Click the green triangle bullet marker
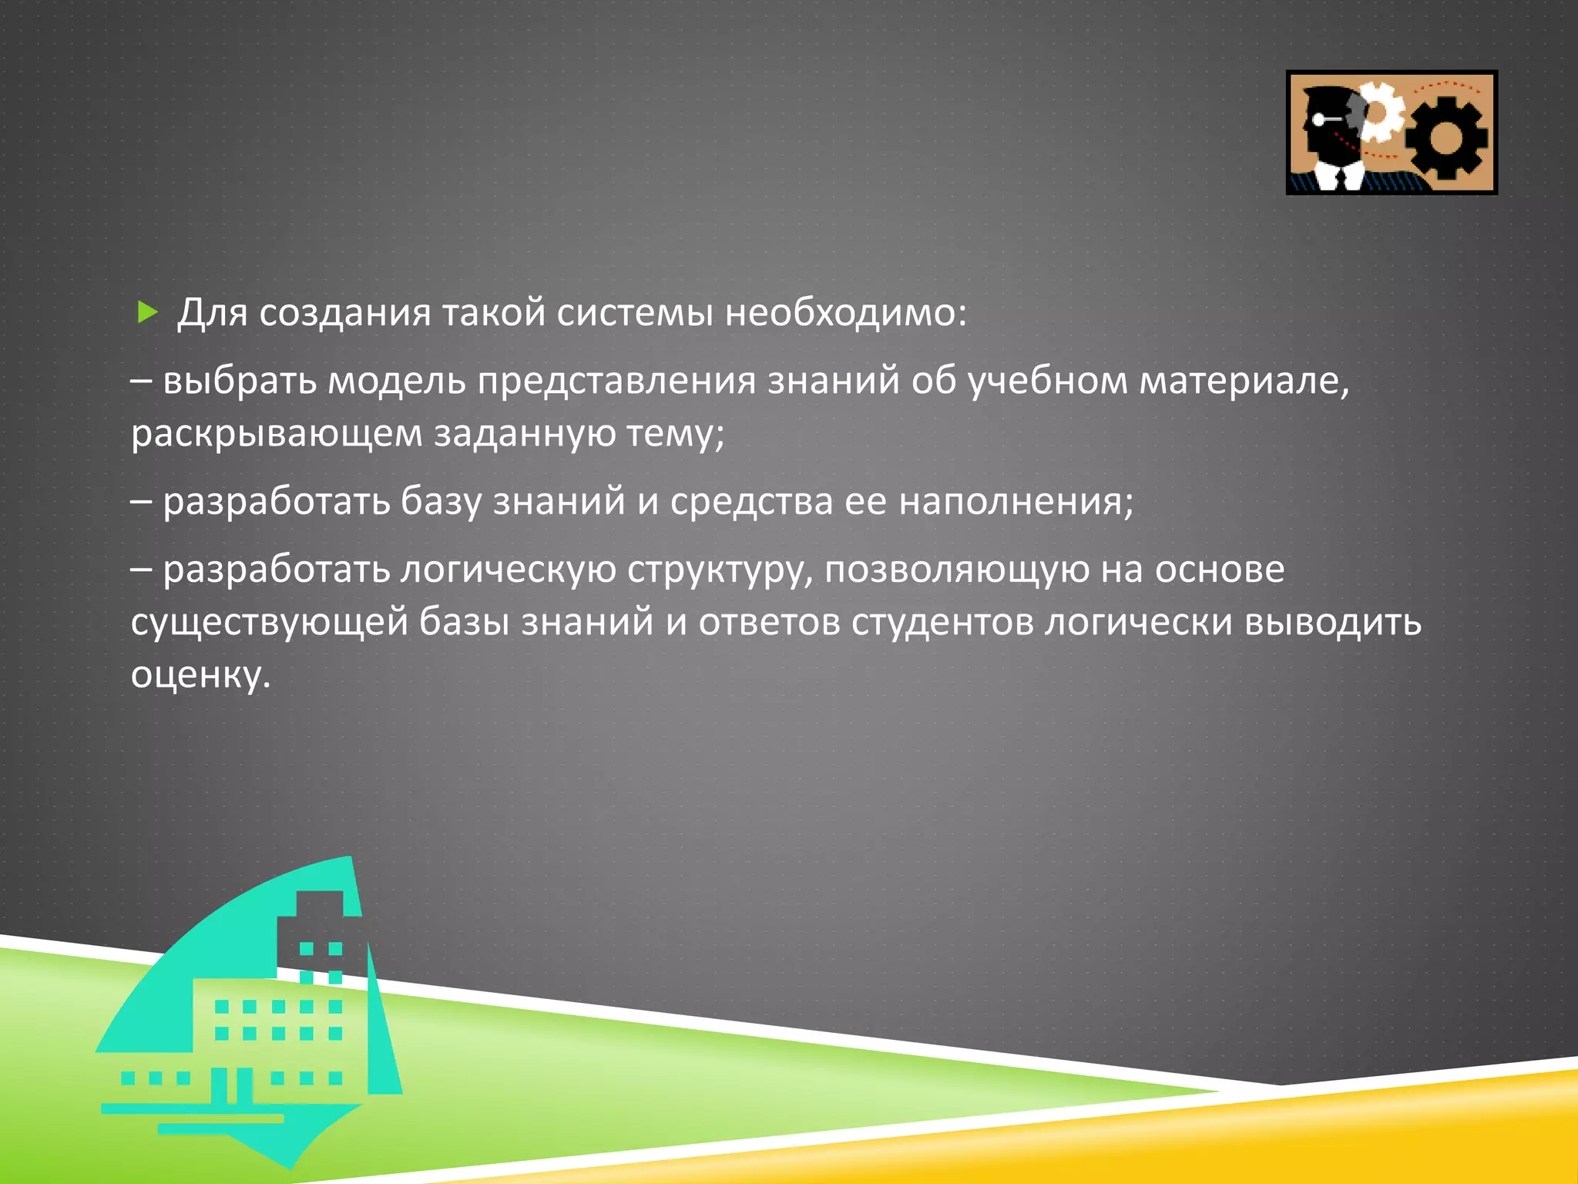(x=147, y=312)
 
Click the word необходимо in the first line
(x=844, y=312)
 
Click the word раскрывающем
(x=277, y=433)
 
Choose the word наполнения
(x=1016, y=502)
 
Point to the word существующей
(x=269, y=622)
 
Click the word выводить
(x=1333, y=622)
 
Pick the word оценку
(x=200, y=674)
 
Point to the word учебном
(x=1048, y=381)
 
